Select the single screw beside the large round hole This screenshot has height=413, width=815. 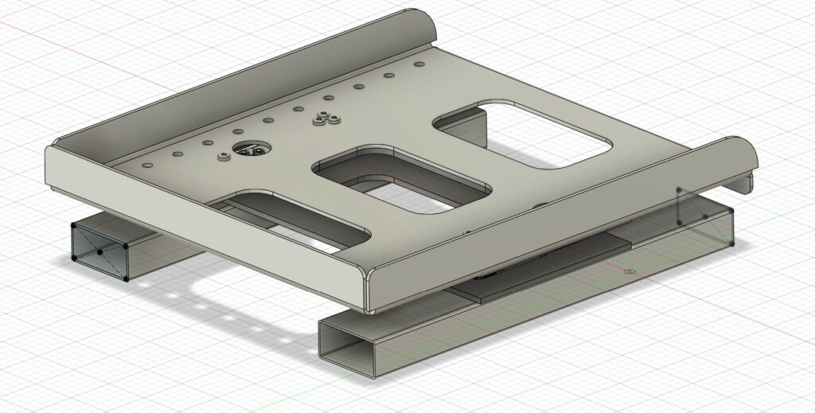223,157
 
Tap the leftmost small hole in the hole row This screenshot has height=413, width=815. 146,165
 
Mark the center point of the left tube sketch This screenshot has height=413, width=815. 100,252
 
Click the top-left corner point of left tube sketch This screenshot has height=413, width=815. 72,224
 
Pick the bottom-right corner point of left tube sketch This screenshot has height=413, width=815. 127,279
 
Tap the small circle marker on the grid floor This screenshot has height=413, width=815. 630,271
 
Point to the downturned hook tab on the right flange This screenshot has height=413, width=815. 748,185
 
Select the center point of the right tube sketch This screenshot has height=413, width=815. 705,216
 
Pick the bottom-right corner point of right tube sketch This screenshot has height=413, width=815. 732,243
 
